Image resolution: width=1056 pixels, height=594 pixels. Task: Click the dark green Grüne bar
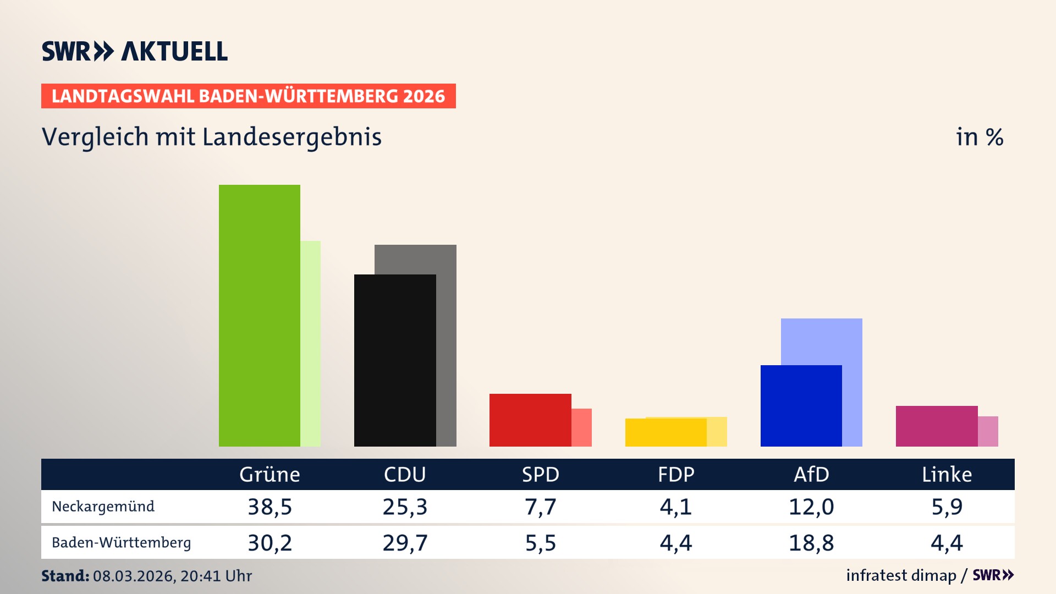pyautogui.click(x=259, y=316)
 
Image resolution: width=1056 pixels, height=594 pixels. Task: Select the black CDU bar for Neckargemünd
pyautogui.click(x=394, y=360)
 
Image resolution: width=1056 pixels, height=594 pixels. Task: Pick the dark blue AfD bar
pyautogui.click(x=801, y=405)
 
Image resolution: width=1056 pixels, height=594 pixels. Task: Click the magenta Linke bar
pyautogui.click(x=936, y=426)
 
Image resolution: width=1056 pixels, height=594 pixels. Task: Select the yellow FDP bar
pyautogui.click(x=665, y=432)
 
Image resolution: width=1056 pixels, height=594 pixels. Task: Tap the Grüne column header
pyautogui.click(x=269, y=474)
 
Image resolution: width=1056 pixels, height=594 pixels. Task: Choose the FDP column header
pyautogui.click(x=676, y=474)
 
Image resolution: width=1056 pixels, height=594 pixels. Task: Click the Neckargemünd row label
pyautogui.click(x=103, y=507)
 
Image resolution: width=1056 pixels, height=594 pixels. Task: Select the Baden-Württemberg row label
pyautogui.click(x=121, y=543)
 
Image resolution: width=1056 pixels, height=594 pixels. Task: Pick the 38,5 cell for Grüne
pyautogui.click(x=269, y=507)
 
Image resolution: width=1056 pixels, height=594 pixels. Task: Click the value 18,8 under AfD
pyautogui.click(x=811, y=543)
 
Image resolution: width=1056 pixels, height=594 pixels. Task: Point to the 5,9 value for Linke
pyautogui.click(x=947, y=507)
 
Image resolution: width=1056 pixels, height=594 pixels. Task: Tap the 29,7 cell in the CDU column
pyautogui.click(x=405, y=543)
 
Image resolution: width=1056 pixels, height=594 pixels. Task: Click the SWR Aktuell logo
pyautogui.click(x=135, y=51)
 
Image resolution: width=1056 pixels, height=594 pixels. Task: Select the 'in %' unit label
pyautogui.click(x=980, y=137)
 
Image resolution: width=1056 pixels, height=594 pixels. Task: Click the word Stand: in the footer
pyautogui.click(x=65, y=576)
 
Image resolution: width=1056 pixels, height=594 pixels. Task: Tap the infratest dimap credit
pyautogui.click(x=901, y=575)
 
